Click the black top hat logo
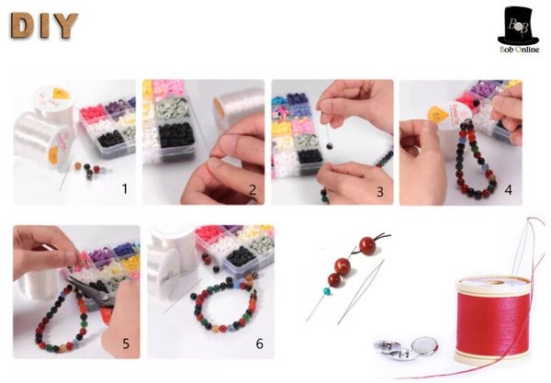point(518,26)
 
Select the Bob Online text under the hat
point(519,50)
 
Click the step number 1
point(124,189)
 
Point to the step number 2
point(253,190)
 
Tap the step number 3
point(380,191)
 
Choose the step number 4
point(508,190)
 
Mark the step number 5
point(126,344)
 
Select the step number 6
point(259,344)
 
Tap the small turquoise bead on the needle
point(327,291)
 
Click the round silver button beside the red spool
point(424,345)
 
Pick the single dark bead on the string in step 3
point(330,145)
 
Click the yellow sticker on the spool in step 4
point(437,115)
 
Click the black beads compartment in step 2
point(175,135)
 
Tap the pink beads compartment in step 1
point(93,114)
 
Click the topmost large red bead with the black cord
point(367,245)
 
